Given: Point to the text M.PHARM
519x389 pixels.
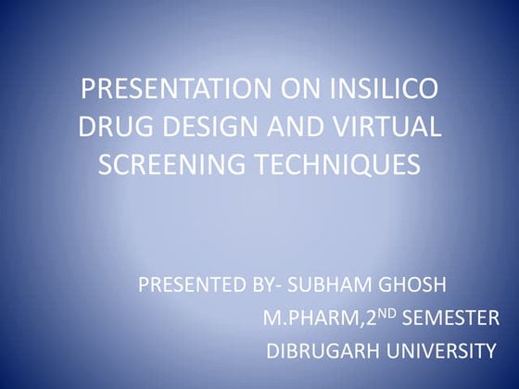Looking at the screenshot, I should (x=307, y=319).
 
